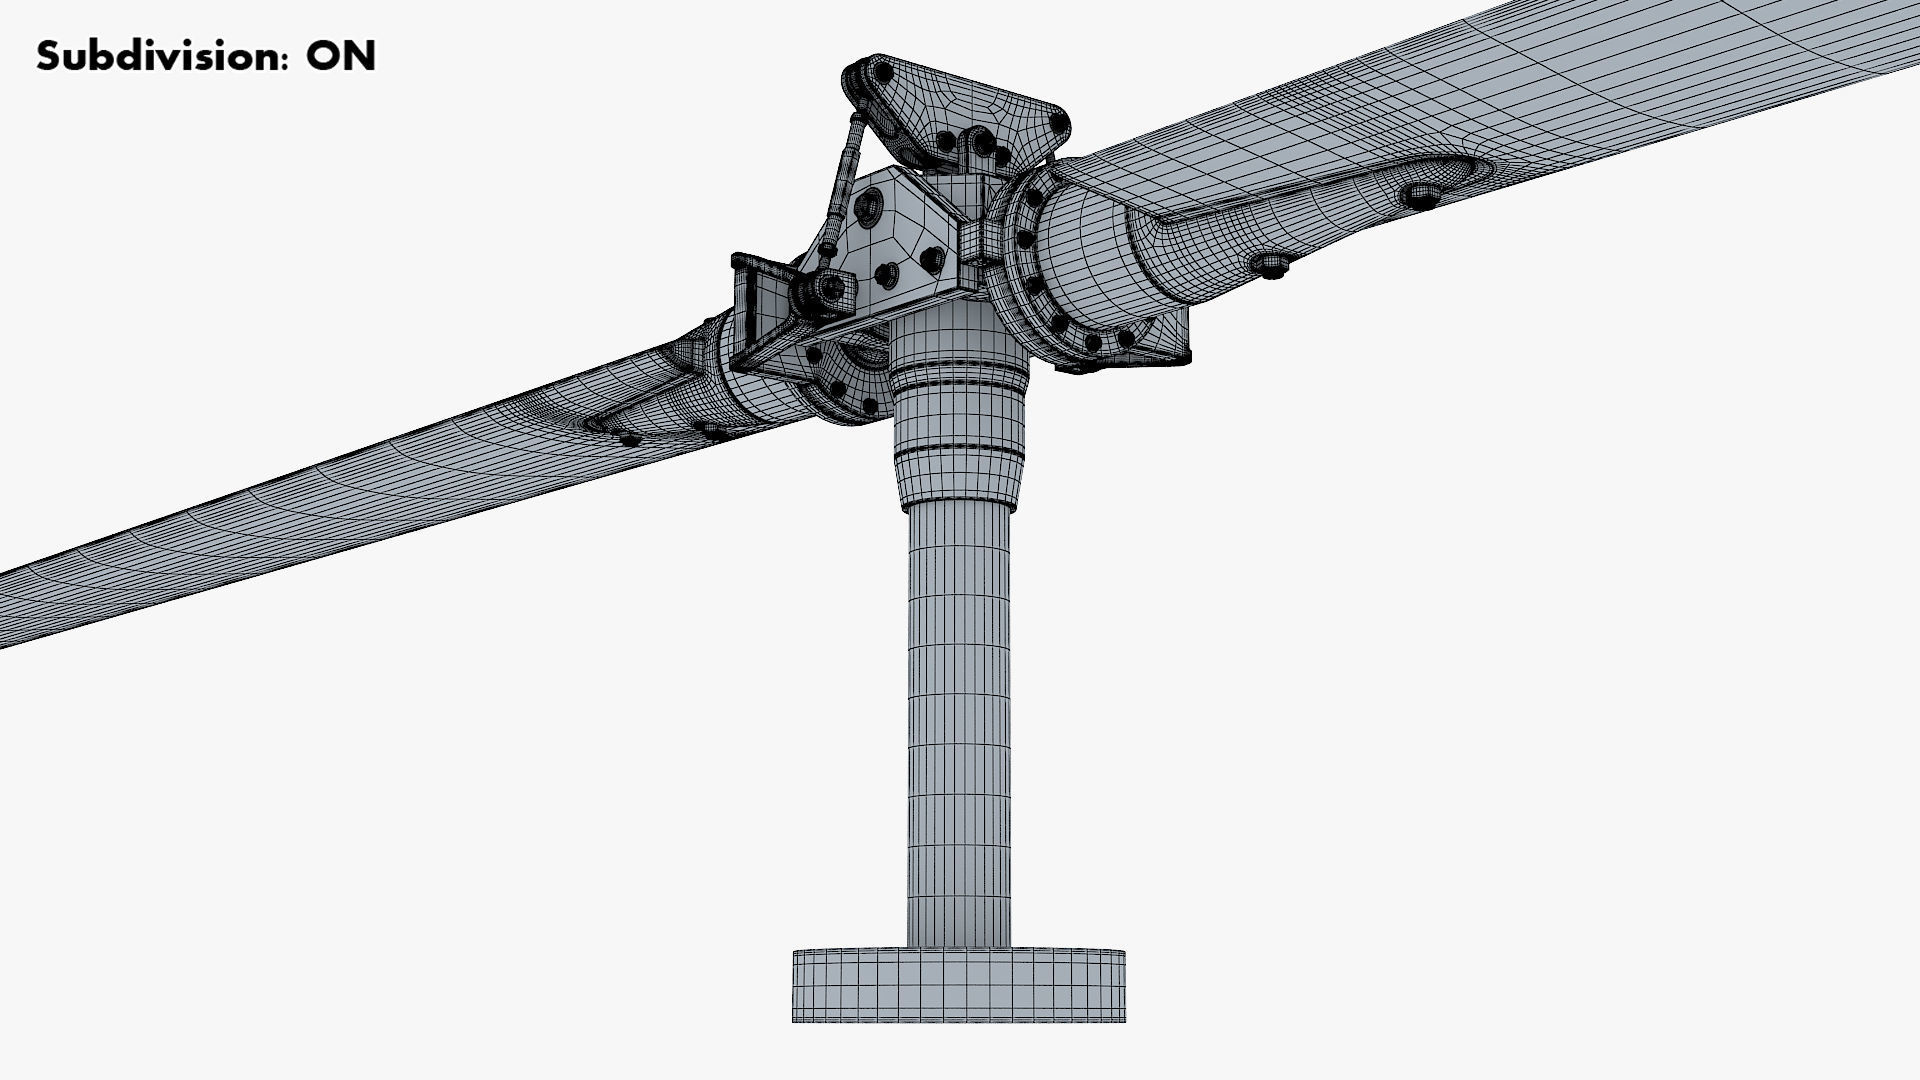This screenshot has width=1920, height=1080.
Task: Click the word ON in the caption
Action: tap(341, 56)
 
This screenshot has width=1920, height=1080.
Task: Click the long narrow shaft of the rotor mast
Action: tap(958, 720)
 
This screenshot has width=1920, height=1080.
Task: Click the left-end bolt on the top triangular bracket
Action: tap(882, 73)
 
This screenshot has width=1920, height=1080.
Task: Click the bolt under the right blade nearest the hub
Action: tap(1271, 265)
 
